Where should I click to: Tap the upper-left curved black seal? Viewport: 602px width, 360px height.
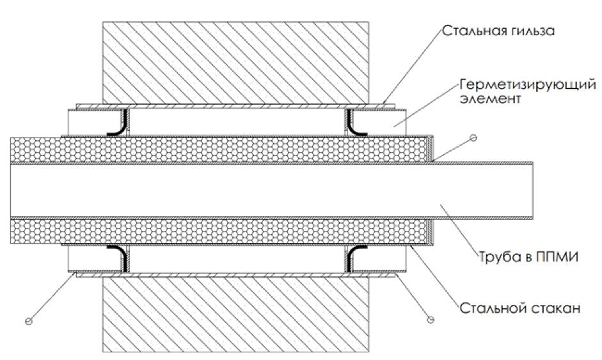tap(117, 122)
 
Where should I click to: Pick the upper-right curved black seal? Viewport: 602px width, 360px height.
tap(356, 122)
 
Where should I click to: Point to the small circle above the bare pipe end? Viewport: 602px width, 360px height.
tap(473, 138)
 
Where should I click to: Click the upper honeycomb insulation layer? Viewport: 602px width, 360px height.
tap(218, 148)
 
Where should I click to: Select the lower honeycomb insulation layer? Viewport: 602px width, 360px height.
tap(218, 231)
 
